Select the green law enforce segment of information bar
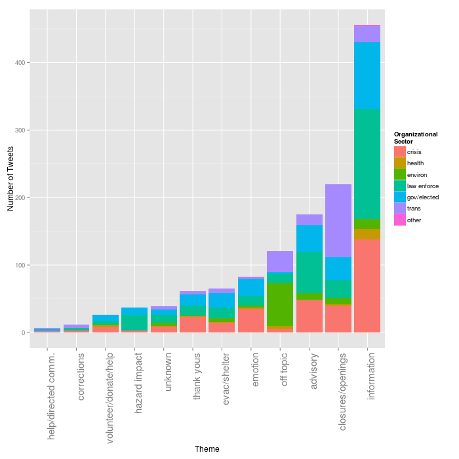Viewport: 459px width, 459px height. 367,163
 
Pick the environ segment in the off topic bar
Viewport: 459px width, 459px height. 280,304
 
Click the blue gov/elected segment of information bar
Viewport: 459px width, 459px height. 367,75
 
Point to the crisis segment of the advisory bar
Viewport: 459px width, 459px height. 309,316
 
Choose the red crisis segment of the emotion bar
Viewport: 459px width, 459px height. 251,320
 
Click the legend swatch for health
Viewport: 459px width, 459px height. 399,163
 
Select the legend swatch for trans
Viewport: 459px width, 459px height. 399,209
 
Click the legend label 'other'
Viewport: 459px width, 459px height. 414,220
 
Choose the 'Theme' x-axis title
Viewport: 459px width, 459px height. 207,449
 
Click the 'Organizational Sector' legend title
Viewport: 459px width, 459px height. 415,138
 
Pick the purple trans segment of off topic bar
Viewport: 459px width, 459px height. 280,262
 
